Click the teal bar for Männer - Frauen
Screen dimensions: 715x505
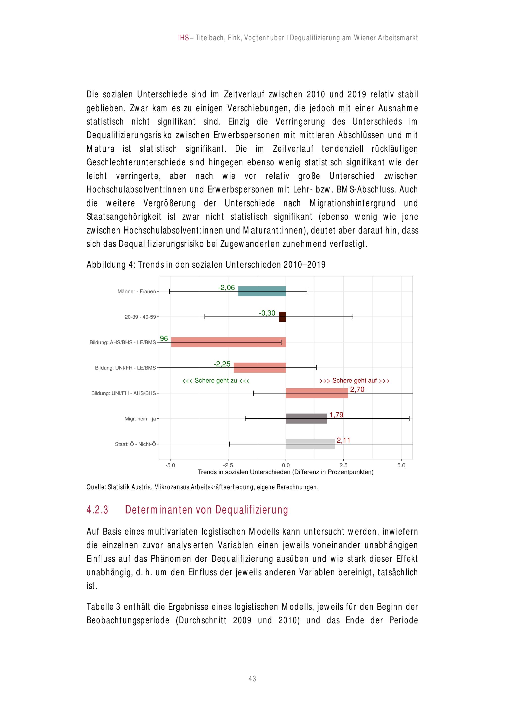[262, 291]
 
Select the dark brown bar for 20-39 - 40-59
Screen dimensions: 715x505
[282, 317]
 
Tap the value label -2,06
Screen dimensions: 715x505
[226, 287]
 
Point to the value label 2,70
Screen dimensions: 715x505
[357, 389]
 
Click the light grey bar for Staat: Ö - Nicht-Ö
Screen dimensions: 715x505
[310, 444]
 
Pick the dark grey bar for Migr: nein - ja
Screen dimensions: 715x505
[306, 419]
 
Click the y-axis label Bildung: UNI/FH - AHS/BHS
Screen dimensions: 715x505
[123, 393]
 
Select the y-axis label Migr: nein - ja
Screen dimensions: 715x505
[140, 419]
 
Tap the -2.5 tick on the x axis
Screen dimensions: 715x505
[228, 465]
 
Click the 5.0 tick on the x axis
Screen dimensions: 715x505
[401, 465]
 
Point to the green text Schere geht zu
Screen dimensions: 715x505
[216, 380]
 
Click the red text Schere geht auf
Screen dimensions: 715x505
[354, 380]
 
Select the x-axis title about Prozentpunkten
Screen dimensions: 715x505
[285, 472]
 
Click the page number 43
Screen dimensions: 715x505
[252, 679]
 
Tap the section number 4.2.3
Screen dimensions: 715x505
[97, 510]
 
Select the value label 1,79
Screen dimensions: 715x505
[336, 415]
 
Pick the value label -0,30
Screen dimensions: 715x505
[267, 313]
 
